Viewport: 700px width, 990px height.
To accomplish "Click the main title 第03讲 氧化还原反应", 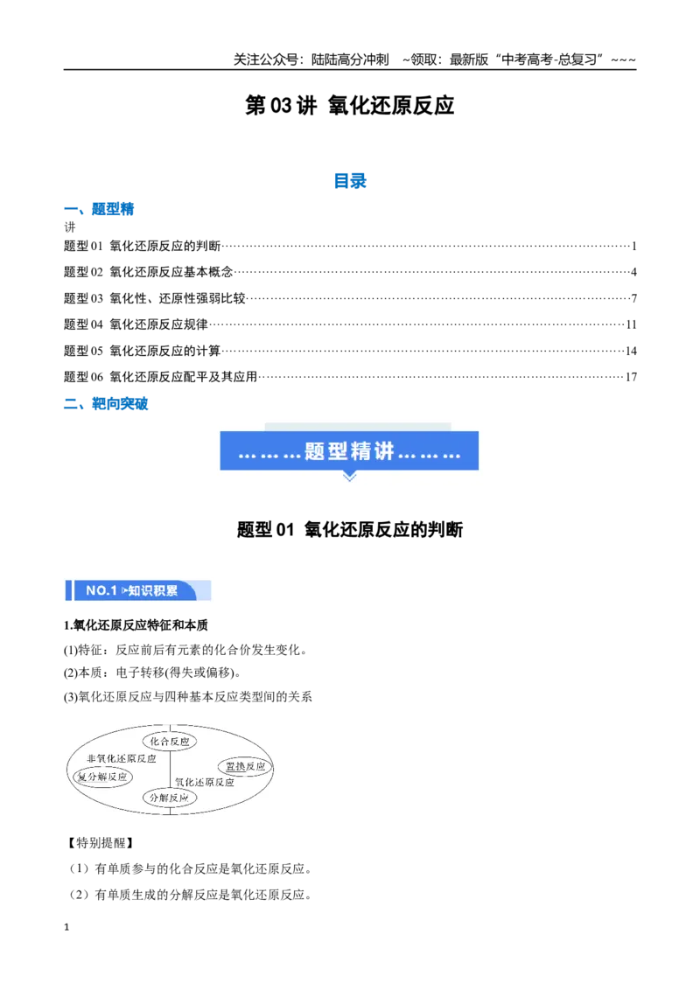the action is click(x=349, y=106).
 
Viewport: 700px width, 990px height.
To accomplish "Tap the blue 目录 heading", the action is click(x=350, y=181).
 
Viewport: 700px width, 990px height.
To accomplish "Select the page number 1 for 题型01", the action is click(x=633, y=247).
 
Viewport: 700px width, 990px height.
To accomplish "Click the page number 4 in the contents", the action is click(x=633, y=272).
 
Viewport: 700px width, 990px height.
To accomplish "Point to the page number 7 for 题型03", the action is click(x=633, y=298).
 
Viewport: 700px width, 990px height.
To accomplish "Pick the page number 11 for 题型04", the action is click(x=631, y=324).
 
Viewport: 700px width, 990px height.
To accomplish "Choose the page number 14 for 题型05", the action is click(x=631, y=351).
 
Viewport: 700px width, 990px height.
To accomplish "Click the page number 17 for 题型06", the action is click(x=631, y=377).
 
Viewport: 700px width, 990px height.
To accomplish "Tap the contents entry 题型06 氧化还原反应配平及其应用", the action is click(x=160, y=377).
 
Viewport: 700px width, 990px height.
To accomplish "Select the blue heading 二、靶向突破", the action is click(x=106, y=404).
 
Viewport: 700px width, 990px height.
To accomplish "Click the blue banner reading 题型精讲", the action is click(x=349, y=450).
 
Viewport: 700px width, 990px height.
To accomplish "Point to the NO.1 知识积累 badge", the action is click(x=137, y=590).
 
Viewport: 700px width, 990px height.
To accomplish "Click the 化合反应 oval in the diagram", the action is click(x=170, y=742).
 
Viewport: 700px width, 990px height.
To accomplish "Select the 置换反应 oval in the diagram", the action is click(x=245, y=766).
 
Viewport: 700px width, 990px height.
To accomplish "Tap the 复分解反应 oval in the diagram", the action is click(x=102, y=777).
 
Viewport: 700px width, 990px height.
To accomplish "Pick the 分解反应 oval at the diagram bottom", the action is click(x=169, y=798).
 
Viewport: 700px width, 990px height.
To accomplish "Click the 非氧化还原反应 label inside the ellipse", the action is click(x=122, y=758).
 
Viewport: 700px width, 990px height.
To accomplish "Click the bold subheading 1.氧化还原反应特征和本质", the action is click(x=136, y=625).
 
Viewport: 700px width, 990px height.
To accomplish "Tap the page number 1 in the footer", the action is click(x=66, y=927).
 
